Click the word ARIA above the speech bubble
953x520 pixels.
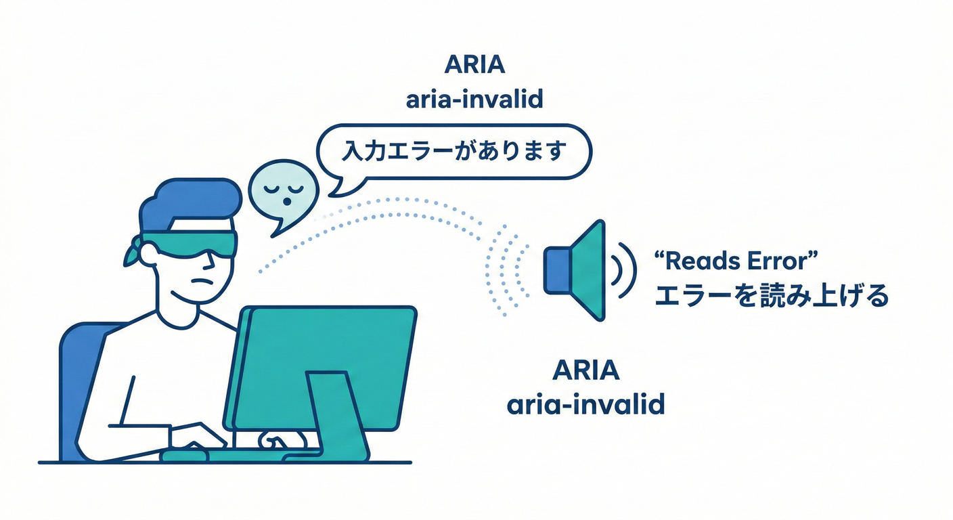coord(474,66)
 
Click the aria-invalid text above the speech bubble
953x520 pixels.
coord(474,100)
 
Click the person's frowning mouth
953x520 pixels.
coord(204,280)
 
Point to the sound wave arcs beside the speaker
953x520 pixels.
coord(625,270)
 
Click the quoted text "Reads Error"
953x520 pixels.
coord(738,261)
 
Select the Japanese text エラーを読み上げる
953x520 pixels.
coord(771,296)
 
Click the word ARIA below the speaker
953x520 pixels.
coord(585,371)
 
